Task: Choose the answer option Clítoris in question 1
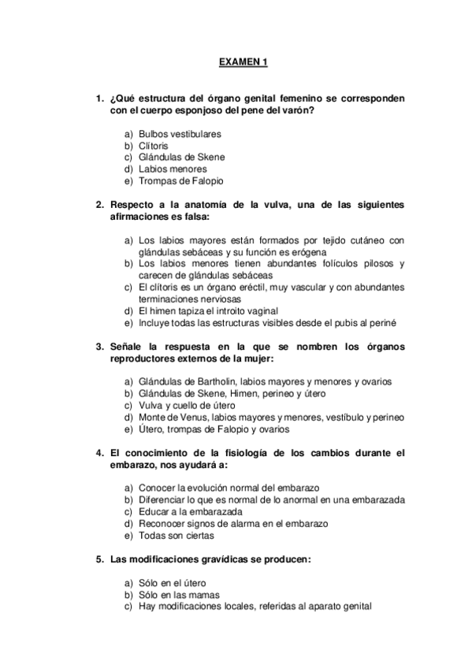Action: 154,146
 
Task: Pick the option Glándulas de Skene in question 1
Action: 181,157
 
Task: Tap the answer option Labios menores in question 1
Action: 173,169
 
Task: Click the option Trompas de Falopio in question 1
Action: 180,180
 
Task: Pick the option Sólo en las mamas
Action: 178,595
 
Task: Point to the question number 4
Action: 99,453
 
